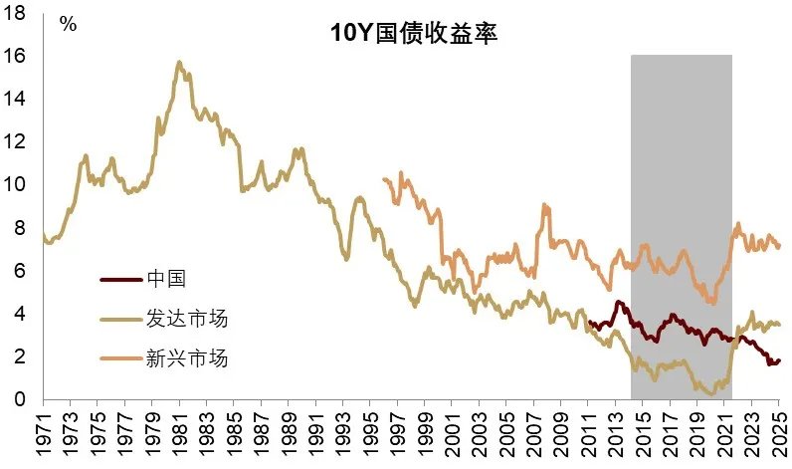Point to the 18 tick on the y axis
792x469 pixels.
[17, 13]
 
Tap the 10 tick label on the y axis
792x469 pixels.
[17, 185]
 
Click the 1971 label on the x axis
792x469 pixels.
[45, 437]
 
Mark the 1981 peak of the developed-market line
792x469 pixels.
[179, 62]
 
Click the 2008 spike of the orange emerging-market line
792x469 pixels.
[544, 205]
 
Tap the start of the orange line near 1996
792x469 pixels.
[384, 179]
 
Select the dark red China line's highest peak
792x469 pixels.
[618, 302]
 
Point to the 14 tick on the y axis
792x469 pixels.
[17, 100]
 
